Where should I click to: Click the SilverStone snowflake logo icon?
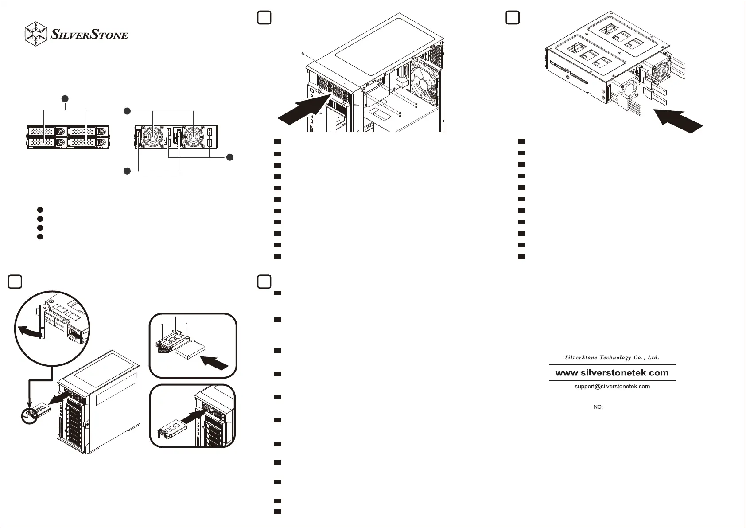(x=35, y=33)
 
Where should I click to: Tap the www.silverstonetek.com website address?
(x=612, y=373)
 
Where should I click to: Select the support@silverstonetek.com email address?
(x=612, y=387)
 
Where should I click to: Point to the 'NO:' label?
(x=598, y=407)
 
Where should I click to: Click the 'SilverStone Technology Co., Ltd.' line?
(x=612, y=357)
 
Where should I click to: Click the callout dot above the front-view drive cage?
(x=65, y=98)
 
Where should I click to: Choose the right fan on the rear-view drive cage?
(x=194, y=135)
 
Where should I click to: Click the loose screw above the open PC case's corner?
(x=302, y=54)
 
